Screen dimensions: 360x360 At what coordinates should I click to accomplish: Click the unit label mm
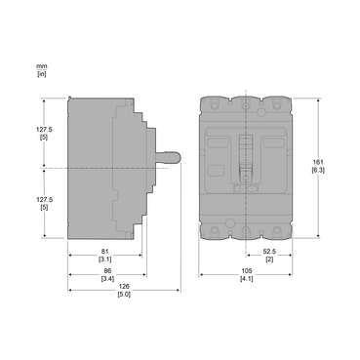(40, 65)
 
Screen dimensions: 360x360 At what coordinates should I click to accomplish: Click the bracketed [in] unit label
(41, 73)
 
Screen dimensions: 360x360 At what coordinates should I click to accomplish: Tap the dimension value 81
(104, 252)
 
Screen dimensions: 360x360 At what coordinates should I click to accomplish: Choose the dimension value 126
(124, 287)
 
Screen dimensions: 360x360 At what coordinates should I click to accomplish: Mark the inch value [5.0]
(124, 295)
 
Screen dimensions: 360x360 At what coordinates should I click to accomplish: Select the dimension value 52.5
(269, 252)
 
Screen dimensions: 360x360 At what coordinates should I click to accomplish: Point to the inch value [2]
(269, 260)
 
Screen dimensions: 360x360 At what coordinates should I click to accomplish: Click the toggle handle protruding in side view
(169, 156)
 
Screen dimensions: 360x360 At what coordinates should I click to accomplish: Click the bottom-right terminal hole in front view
(277, 230)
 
